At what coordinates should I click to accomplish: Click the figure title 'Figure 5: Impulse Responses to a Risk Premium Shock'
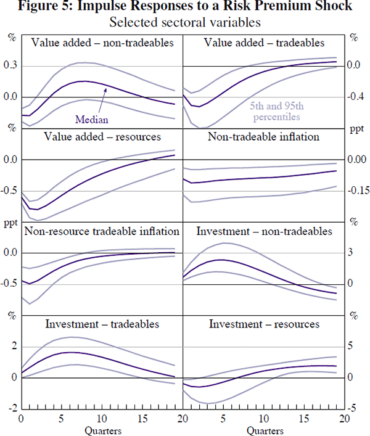(x=185, y=7)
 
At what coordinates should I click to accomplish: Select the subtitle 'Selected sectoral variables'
(x=184, y=23)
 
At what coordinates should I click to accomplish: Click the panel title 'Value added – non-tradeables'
(x=102, y=43)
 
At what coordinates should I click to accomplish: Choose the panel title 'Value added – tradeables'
(x=266, y=43)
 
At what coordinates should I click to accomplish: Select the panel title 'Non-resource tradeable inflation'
(x=102, y=231)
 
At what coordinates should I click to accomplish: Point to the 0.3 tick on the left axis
(x=10, y=66)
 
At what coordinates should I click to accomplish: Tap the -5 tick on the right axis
(x=355, y=408)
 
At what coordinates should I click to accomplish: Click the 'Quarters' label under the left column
(x=102, y=430)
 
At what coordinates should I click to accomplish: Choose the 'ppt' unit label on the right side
(x=357, y=129)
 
